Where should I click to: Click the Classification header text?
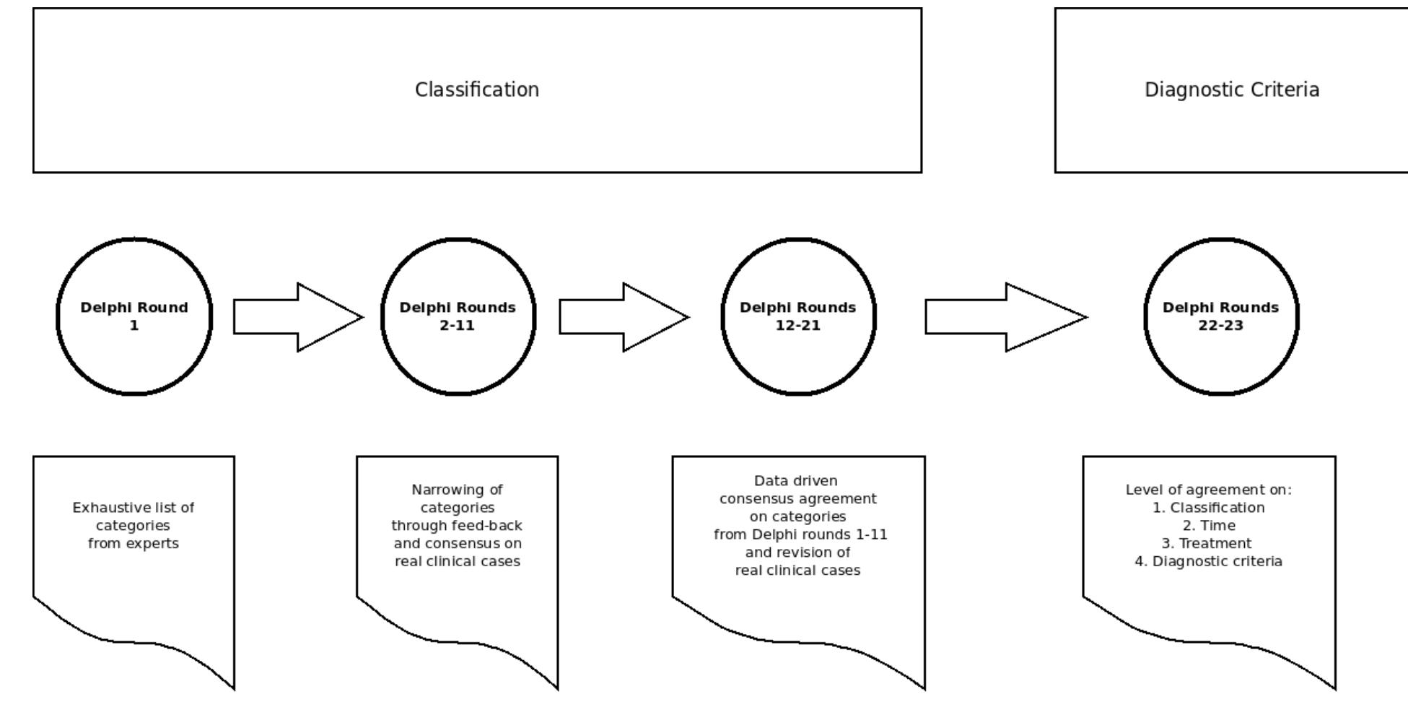476,90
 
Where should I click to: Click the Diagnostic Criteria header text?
1231,90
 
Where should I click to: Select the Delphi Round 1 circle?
134,316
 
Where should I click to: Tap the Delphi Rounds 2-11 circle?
458,316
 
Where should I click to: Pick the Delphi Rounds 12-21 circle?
797,316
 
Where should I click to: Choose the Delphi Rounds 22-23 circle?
1220,316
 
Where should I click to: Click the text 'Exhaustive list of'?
134,508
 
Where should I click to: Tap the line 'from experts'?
134,543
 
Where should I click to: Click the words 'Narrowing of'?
457,490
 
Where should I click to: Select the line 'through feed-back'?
457,525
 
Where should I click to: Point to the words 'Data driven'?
795,480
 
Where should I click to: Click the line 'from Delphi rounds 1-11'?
800,534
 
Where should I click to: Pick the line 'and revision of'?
797,552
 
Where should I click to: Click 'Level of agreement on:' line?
1208,490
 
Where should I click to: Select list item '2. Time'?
1209,525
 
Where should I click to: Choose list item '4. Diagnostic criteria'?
1208,561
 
